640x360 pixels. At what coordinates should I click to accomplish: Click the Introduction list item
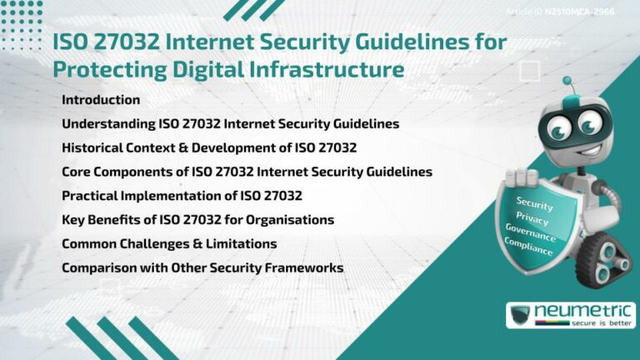click(x=101, y=100)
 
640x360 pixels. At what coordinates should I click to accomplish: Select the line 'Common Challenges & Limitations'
click(x=169, y=244)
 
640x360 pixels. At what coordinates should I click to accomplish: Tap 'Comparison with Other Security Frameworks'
click(x=202, y=268)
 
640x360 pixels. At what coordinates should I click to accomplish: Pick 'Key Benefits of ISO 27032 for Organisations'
click(x=197, y=220)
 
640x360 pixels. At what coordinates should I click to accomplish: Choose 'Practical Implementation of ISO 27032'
click(x=182, y=196)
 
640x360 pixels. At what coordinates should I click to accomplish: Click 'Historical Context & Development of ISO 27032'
click(x=209, y=148)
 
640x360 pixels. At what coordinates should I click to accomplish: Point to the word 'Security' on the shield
click(x=534, y=203)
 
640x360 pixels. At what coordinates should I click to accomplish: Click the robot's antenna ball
click(x=567, y=82)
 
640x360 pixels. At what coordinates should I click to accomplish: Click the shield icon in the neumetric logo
click(x=522, y=315)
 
